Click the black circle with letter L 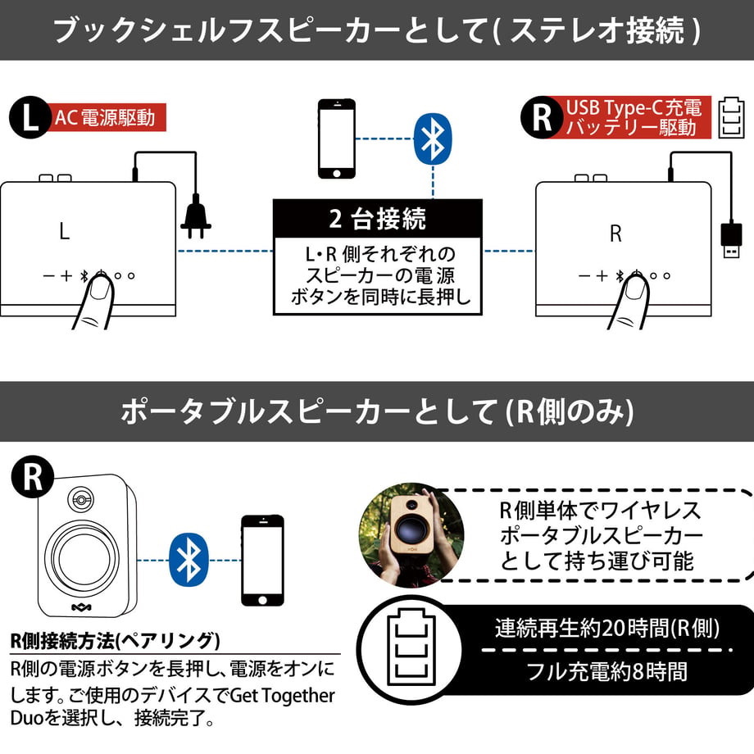[30, 117]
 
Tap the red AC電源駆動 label [106, 117]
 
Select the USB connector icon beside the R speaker [731, 240]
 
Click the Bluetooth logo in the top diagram [433, 139]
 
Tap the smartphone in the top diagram [337, 139]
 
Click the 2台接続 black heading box [378, 219]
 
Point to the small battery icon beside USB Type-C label [731, 118]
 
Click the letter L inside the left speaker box [65, 231]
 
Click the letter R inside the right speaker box [615, 234]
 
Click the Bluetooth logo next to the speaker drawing [189, 560]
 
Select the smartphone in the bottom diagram [262, 561]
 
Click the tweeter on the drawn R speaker [80, 500]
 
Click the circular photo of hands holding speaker [411, 535]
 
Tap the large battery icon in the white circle [411, 647]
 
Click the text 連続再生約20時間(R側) [606, 628]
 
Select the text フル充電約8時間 [606, 671]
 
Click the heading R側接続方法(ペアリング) [116, 641]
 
